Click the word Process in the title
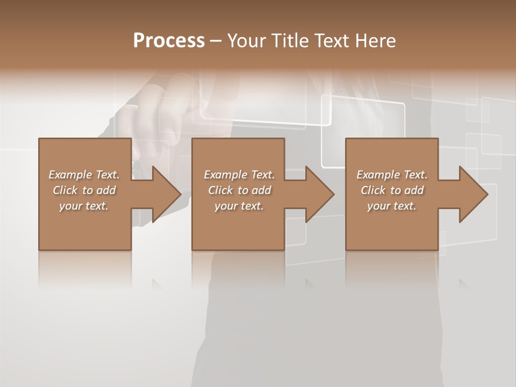(169, 41)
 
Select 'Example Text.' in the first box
(84, 175)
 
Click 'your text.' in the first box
(84, 206)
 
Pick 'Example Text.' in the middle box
(239, 175)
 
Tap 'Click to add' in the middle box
(239, 190)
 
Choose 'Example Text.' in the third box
(392, 175)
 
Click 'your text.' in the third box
(392, 206)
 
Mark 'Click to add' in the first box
(84, 190)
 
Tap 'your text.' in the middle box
(239, 206)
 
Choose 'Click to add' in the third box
(392, 190)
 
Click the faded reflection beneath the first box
(85, 269)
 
